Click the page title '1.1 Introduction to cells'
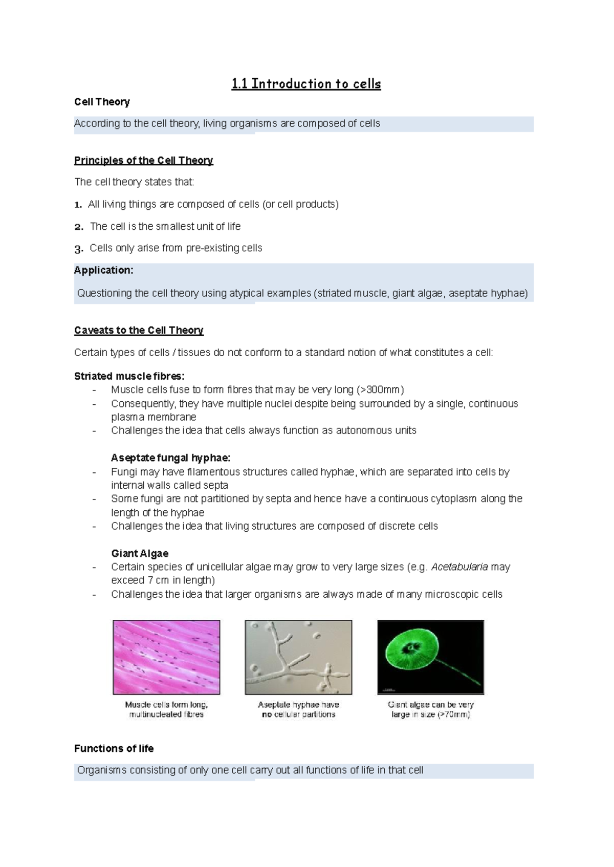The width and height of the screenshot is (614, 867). click(x=306, y=84)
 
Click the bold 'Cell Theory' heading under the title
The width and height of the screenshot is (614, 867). click(x=102, y=102)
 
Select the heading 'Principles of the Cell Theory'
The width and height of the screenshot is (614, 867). click(x=143, y=160)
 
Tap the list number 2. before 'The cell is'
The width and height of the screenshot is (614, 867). click(x=78, y=227)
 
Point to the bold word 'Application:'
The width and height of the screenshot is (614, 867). click(x=103, y=270)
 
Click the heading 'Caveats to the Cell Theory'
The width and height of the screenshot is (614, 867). click(x=139, y=330)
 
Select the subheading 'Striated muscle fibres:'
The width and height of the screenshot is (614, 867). click(x=129, y=376)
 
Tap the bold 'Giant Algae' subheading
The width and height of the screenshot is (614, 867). click(x=140, y=553)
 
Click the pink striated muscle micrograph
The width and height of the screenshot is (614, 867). click(x=166, y=657)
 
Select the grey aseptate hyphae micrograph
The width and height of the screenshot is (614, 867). click(x=298, y=657)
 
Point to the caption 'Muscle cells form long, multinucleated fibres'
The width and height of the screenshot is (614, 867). click(x=166, y=709)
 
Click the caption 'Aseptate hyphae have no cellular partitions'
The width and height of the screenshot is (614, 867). click(x=298, y=709)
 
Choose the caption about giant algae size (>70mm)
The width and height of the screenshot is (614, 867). click(x=430, y=709)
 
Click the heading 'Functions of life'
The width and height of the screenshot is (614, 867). click(x=114, y=748)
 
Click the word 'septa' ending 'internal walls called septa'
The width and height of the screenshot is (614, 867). click(x=215, y=485)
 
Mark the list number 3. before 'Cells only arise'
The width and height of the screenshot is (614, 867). click(x=78, y=249)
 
